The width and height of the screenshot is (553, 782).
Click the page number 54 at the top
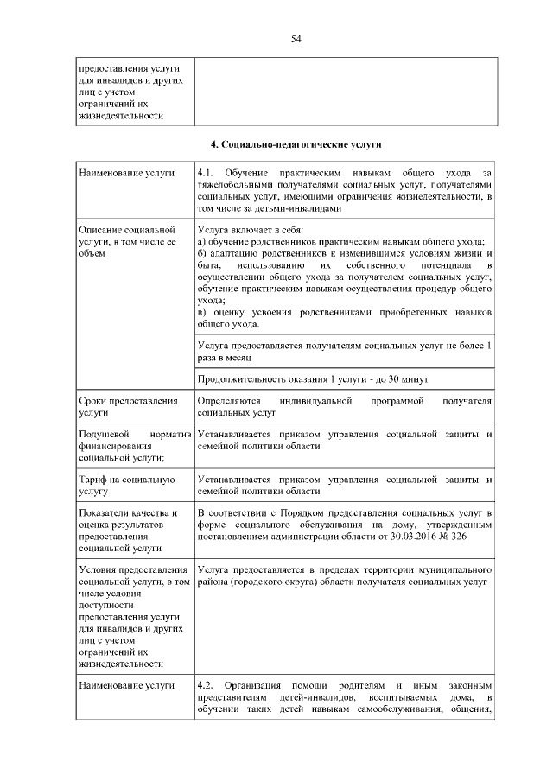(x=296, y=39)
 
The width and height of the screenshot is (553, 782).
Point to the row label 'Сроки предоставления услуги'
(x=128, y=407)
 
